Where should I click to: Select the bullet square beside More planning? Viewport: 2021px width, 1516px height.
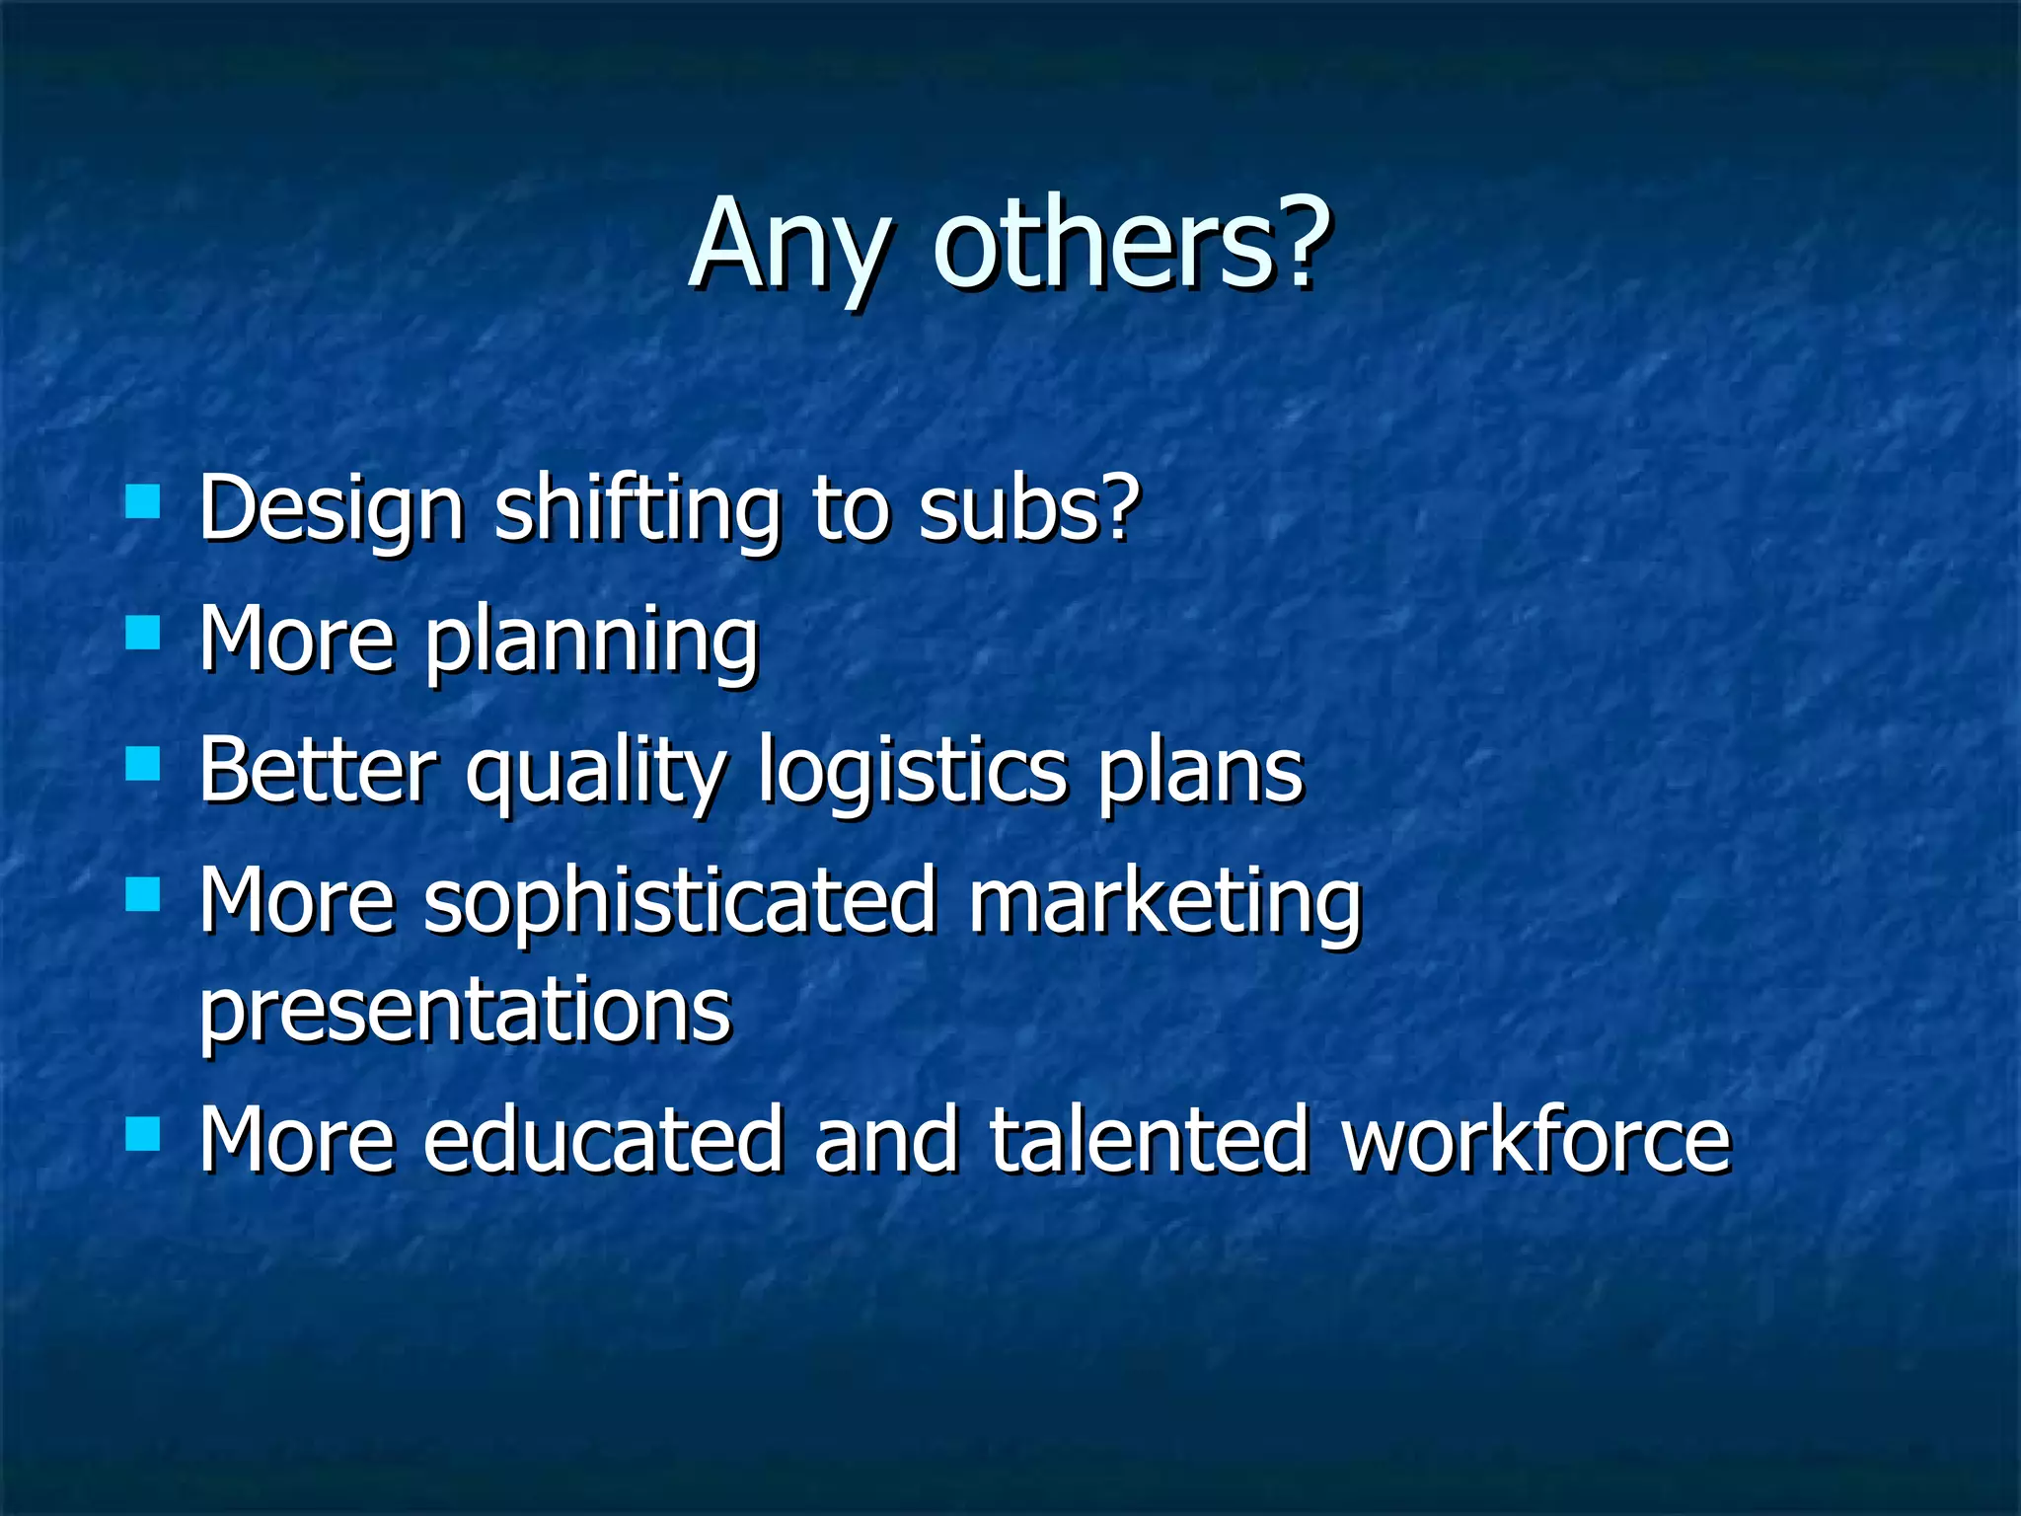(x=143, y=633)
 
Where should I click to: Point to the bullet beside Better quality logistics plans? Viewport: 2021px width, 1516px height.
(x=143, y=764)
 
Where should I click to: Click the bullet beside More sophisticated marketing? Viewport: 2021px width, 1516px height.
(x=143, y=894)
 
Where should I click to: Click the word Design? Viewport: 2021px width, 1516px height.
(x=331, y=511)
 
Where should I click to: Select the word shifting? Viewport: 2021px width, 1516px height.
(x=636, y=511)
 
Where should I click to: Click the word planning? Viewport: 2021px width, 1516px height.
(x=591, y=643)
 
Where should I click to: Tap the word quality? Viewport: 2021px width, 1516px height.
(x=597, y=776)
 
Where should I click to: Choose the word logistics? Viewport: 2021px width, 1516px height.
(x=913, y=776)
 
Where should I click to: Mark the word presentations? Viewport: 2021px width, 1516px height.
(x=465, y=1013)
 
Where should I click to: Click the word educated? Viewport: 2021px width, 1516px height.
(x=603, y=1141)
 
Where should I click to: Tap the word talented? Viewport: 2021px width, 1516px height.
(x=1150, y=1141)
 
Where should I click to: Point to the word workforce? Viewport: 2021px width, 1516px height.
(x=1535, y=1141)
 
